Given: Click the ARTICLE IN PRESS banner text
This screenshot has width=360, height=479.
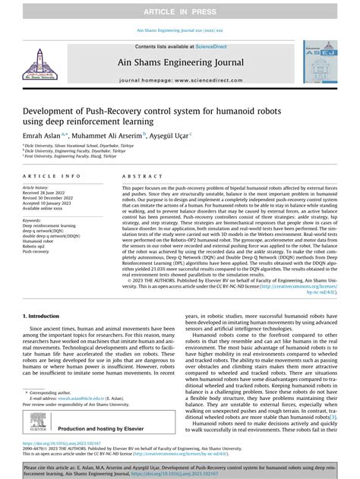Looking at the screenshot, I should tap(179, 12).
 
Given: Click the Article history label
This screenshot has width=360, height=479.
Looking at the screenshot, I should tap(37, 187).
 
